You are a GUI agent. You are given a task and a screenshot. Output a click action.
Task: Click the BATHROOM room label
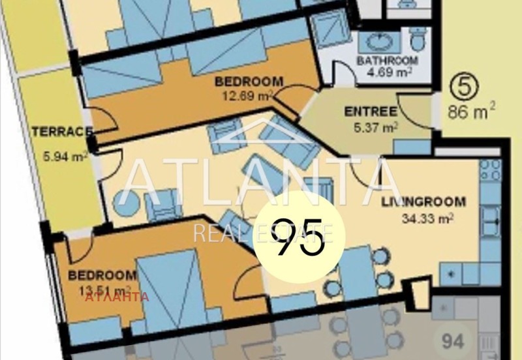click(x=387, y=61)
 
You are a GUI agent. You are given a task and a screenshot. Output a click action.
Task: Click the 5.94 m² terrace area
click(x=65, y=157)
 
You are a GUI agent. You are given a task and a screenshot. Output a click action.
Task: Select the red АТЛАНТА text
click(x=117, y=297)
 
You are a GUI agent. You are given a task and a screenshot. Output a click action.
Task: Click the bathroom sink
click(x=378, y=42)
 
